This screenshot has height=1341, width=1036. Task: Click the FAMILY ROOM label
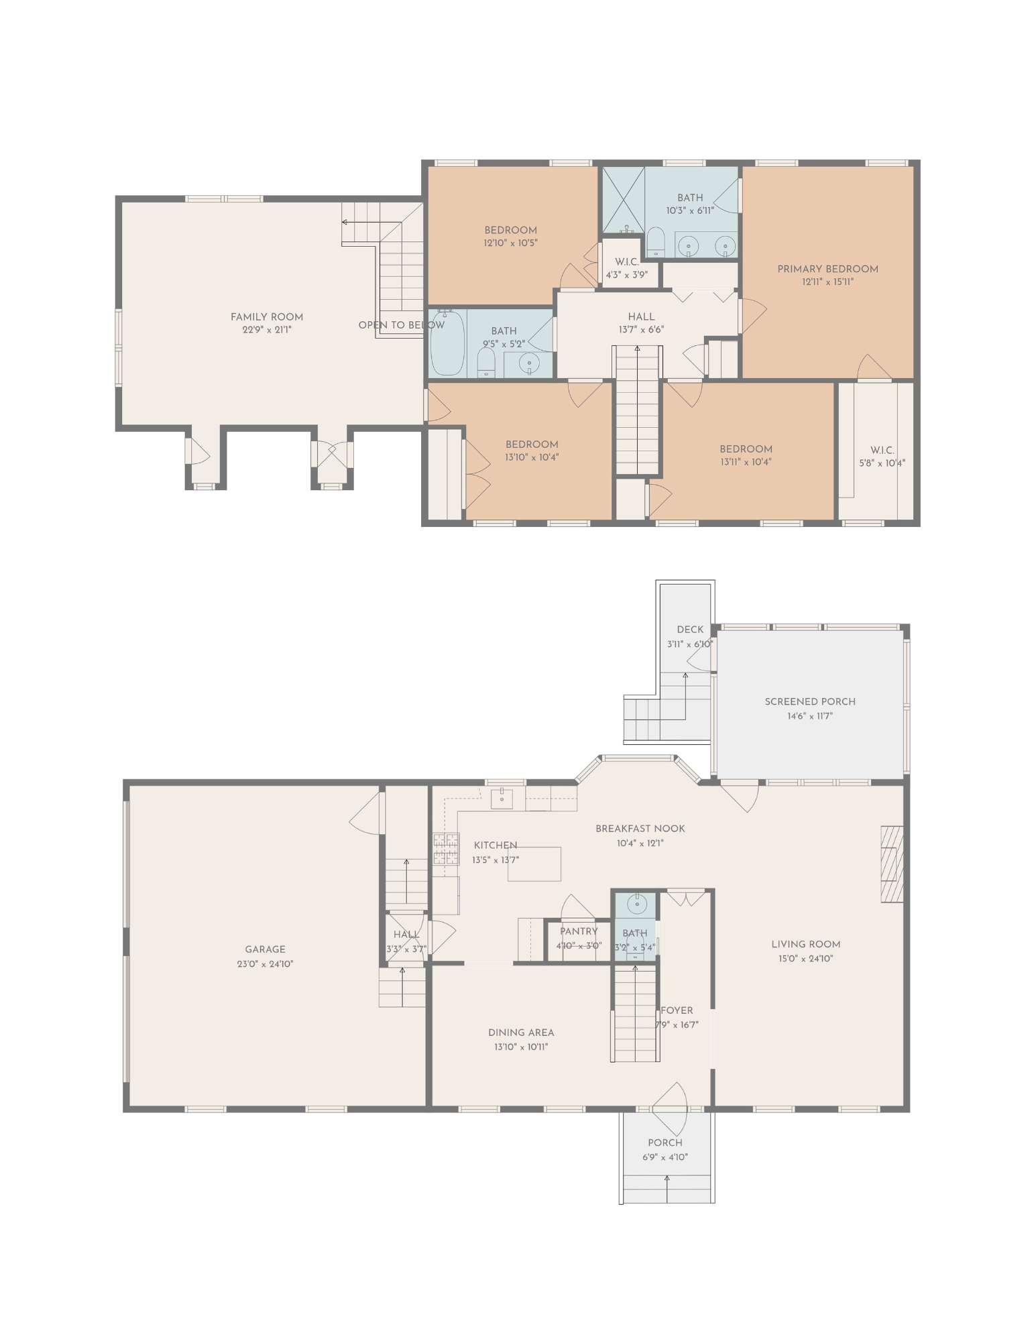[267, 317]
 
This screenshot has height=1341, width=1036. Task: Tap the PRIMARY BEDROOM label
[827, 269]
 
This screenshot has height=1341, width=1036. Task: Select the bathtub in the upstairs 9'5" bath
[447, 343]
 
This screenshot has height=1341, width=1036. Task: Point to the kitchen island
[534, 864]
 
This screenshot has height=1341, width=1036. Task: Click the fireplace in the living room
[892, 864]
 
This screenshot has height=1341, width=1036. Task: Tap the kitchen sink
[502, 799]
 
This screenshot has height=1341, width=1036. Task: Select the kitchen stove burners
[446, 849]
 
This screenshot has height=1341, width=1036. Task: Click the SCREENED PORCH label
[810, 702]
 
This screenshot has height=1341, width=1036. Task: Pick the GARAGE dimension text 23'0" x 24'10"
[265, 964]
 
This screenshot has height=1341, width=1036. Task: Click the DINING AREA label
[521, 1033]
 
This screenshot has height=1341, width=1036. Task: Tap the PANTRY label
[579, 931]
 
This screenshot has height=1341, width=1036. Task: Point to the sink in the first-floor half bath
[636, 905]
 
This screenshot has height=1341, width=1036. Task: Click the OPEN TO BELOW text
[401, 325]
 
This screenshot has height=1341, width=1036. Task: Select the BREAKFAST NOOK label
[640, 829]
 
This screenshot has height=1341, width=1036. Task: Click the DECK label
[690, 630]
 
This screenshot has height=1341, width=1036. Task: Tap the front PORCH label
[665, 1143]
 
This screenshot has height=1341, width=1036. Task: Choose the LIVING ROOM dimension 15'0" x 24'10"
[805, 959]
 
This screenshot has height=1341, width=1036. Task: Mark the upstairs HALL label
[641, 317]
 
